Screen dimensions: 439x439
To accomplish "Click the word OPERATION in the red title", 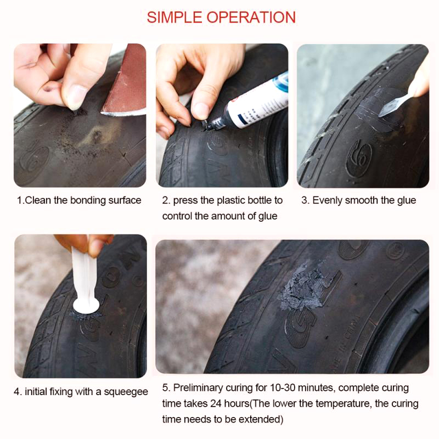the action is tap(251, 18).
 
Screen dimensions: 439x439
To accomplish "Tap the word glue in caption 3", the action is tap(406, 201).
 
